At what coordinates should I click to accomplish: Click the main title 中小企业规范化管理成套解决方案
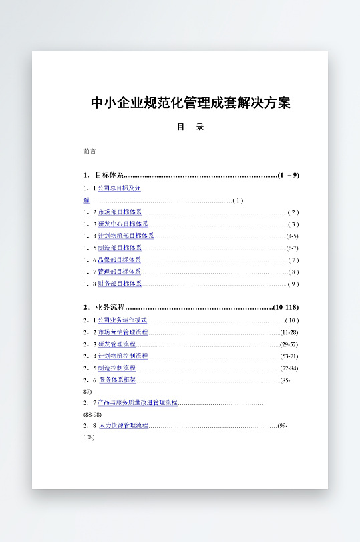(x=190, y=103)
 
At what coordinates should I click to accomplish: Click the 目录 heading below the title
(x=190, y=127)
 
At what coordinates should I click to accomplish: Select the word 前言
(x=89, y=152)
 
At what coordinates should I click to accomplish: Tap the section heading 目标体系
(x=109, y=175)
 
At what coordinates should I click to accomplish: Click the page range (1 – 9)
(x=288, y=175)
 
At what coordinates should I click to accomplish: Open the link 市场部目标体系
(x=120, y=212)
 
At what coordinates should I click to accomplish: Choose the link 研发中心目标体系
(x=123, y=224)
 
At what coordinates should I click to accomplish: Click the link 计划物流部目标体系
(x=126, y=236)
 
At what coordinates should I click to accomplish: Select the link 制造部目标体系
(x=120, y=248)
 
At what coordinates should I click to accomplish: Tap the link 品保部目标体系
(x=120, y=260)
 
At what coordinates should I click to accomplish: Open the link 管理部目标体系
(x=120, y=272)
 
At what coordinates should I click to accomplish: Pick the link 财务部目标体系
(x=120, y=284)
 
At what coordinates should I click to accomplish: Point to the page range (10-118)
(x=286, y=307)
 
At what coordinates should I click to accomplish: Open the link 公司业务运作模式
(x=122, y=320)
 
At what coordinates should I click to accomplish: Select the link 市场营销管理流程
(x=123, y=332)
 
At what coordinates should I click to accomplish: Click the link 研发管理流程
(x=117, y=344)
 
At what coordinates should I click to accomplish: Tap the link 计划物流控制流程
(x=123, y=356)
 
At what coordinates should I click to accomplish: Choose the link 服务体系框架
(x=118, y=380)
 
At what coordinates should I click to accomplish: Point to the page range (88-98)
(x=93, y=415)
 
